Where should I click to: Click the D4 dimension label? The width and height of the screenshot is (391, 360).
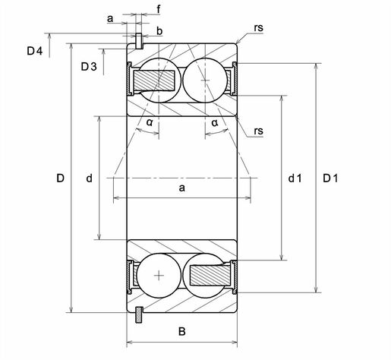click(x=35, y=51)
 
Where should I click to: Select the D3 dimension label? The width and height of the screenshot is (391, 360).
click(x=89, y=67)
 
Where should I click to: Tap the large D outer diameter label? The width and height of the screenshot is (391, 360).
click(x=60, y=178)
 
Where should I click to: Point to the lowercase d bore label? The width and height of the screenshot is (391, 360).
click(x=89, y=178)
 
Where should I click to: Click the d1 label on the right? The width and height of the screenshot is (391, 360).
click(x=295, y=178)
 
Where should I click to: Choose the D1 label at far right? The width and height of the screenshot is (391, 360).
click(x=330, y=178)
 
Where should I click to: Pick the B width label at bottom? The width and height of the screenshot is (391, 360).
click(x=182, y=331)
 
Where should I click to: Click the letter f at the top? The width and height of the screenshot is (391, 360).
click(x=159, y=9)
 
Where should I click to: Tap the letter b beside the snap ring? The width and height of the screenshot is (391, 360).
click(x=159, y=31)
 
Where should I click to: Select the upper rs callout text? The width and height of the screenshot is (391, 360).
click(x=259, y=28)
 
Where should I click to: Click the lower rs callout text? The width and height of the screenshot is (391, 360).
click(x=259, y=131)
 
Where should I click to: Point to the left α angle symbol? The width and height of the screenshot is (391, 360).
click(x=150, y=122)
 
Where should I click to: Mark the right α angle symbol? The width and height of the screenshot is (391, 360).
click(x=215, y=123)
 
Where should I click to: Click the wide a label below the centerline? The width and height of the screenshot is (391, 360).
click(x=182, y=188)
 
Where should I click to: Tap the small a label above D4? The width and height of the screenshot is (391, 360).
click(x=110, y=18)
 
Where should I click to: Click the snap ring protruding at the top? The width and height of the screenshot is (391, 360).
click(x=139, y=41)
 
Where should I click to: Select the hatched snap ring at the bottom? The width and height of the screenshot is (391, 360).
click(x=139, y=314)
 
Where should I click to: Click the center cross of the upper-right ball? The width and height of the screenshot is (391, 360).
click(x=205, y=81)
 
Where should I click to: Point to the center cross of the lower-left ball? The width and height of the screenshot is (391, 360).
click(x=159, y=275)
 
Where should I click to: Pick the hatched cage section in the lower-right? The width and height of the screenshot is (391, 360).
click(x=210, y=275)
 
